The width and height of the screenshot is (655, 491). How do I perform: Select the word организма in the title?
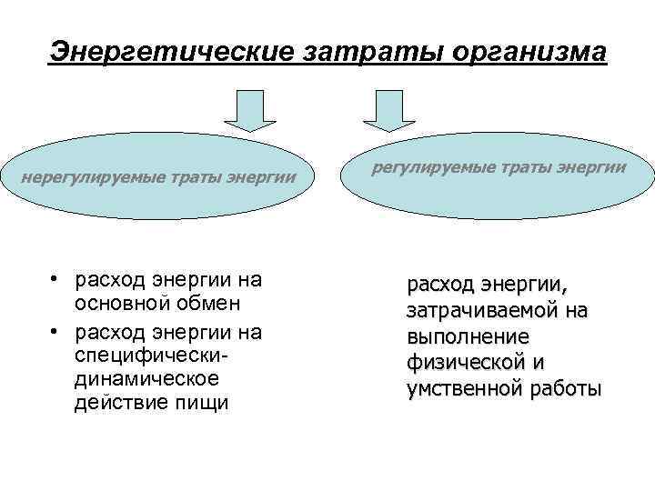click(x=517, y=52)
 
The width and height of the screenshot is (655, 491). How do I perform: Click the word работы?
click(x=566, y=389)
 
